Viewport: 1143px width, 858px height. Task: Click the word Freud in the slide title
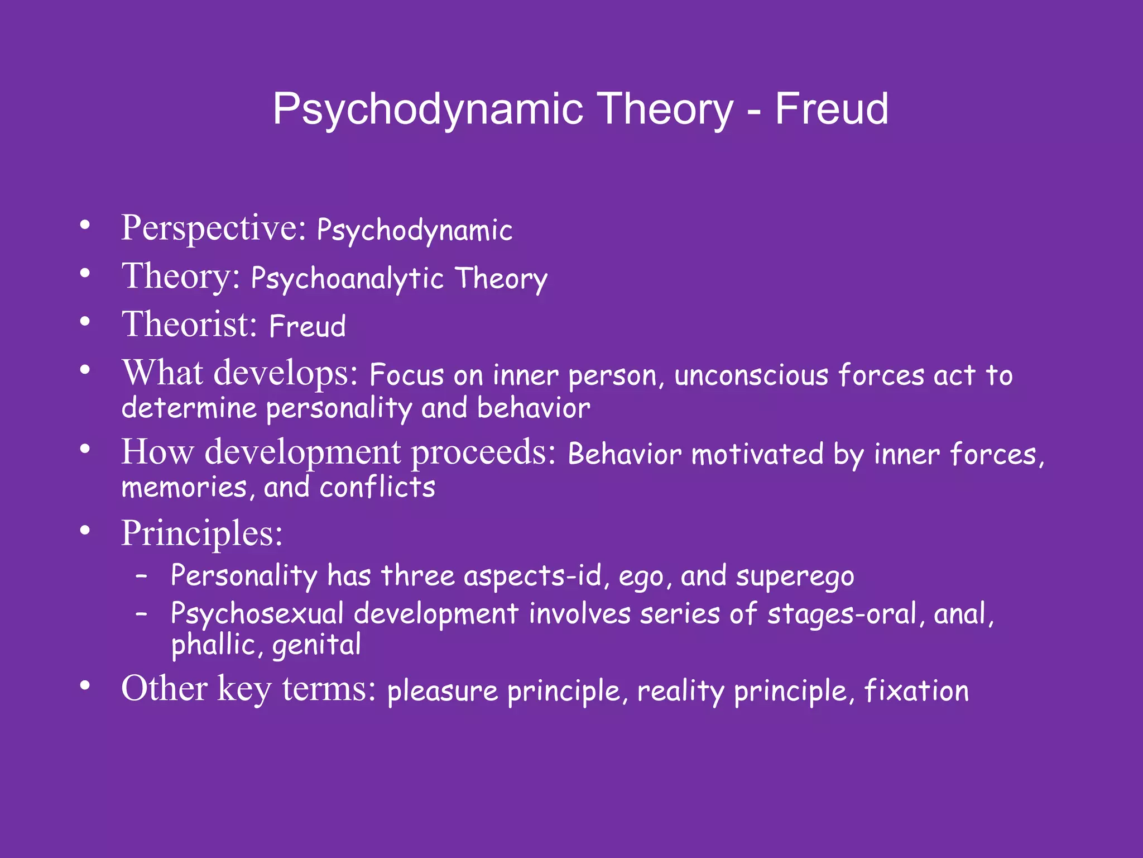coord(831,109)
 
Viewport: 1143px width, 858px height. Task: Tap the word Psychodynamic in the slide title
coord(428,110)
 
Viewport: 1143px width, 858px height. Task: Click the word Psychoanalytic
coord(347,279)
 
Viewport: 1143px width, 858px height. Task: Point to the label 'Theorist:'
coord(190,325)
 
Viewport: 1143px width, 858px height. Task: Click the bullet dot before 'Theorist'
coord(85,322)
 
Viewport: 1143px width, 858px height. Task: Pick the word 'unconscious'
coord(751,375)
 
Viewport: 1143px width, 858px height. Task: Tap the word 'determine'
coord(189,408)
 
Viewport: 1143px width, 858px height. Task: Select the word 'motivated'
coord(757,454)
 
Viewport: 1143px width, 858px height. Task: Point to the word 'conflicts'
coord(377,488)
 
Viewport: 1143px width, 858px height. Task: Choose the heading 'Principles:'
coord(202,533)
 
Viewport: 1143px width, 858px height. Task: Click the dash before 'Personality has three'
coord(142,575)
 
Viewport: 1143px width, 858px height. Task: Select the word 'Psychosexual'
coord(257,614)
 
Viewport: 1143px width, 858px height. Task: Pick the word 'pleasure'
coord(442,692)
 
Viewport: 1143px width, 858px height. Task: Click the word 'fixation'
coord(916,690)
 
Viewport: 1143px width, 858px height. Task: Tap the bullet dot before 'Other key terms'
coord(85,687)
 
